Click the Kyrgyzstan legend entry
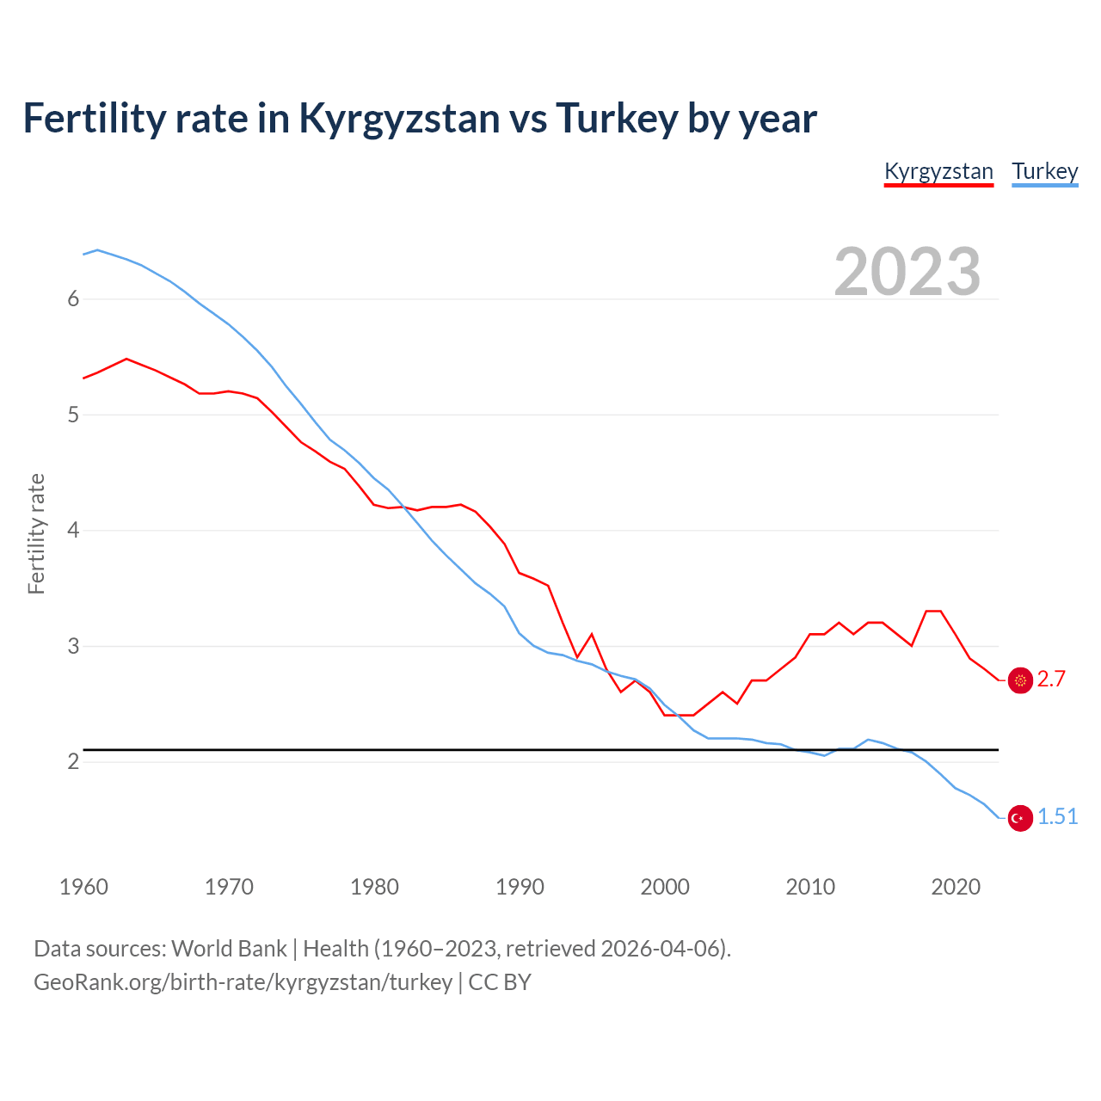point(938,171)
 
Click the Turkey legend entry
point(1044,171)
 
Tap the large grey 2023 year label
point(907,272)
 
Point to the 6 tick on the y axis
point(73,299)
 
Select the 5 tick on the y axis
point(73,415)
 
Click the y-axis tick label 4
point(73,531)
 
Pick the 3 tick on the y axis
point(73,646)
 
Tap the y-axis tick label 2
point(73,762)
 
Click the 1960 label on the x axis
point(83,887)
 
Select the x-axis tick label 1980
point(374,887)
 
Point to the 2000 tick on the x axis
point(665,887)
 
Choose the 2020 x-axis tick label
point(956,887)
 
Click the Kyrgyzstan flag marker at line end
point(1020,680)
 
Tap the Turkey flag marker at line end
point(1020,818)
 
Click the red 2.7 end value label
point(1051,680)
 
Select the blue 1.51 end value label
point(1057,817)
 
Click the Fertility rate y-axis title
point(36,533)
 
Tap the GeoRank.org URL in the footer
point(243,982)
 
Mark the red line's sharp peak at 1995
point(591,634)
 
